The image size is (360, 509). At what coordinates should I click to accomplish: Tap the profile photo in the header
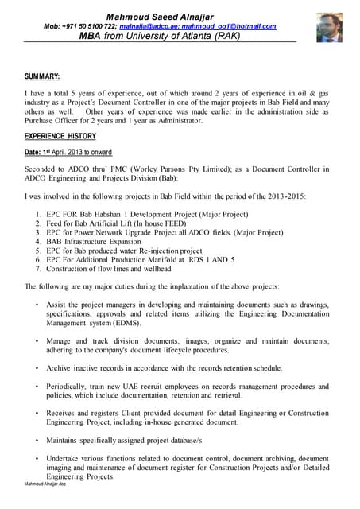pos(329,27)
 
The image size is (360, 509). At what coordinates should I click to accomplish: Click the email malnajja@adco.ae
pos(148,26)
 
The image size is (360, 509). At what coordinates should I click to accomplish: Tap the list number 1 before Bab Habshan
pos(39,213)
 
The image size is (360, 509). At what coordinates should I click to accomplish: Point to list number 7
pos(39,270)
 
